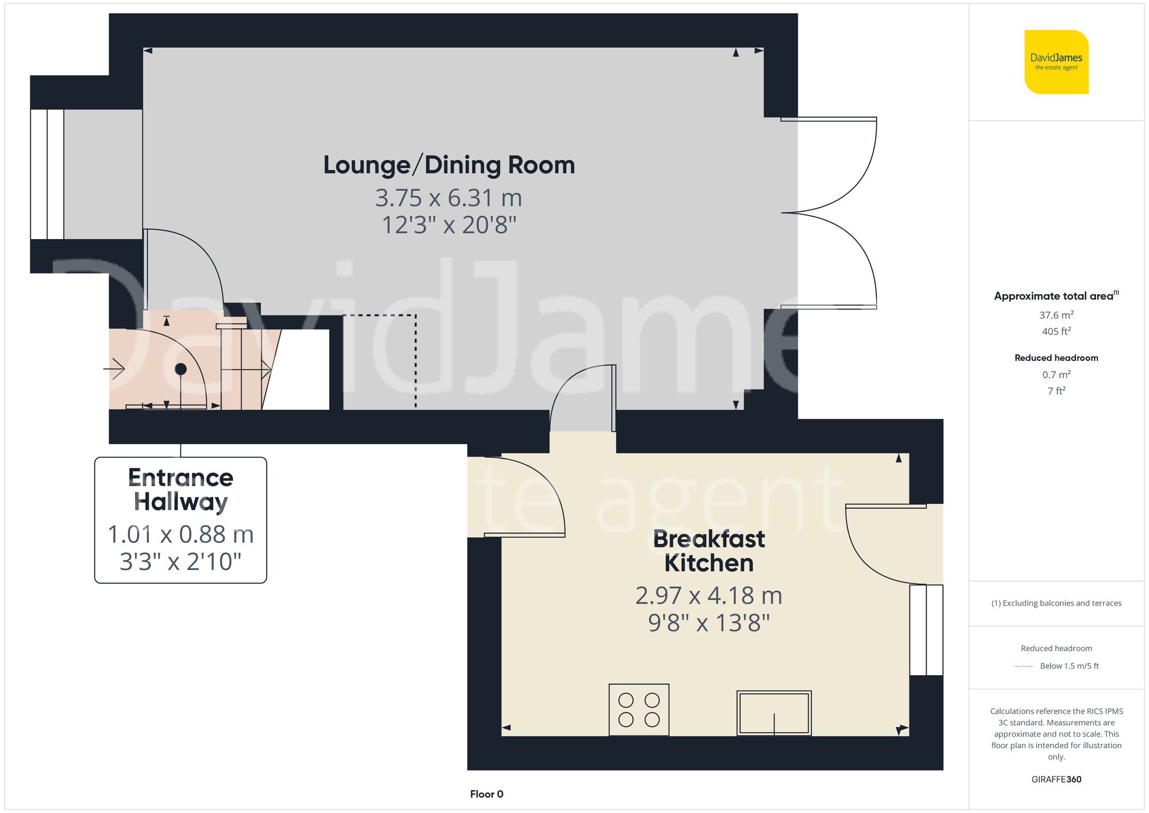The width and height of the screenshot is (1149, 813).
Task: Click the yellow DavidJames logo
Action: click(1056, 62)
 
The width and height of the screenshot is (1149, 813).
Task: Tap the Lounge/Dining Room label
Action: click(449, 165)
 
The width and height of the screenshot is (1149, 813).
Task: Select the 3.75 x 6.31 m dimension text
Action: click(449, 198)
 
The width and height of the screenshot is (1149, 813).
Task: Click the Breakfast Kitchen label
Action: click(708, 551)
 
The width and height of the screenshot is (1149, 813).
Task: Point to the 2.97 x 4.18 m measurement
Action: click(708, 595)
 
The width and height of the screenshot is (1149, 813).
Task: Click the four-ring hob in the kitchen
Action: click(639, 710)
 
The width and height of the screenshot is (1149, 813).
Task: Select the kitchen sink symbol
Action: click(774, 712)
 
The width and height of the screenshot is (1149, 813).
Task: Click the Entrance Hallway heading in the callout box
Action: click(180, 490)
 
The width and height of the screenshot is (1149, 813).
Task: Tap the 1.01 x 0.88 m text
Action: click(180, 534)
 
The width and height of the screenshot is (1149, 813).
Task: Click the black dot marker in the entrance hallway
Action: click(181, 369)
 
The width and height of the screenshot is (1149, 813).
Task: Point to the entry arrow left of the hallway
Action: click(115, 368)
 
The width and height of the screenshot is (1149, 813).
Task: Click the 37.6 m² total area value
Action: click(1056, 315)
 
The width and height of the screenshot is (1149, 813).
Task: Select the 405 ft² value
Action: click(1056, 332)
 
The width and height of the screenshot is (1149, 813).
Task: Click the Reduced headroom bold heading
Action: click(1056, 358)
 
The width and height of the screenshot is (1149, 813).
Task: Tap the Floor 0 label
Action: click(486, 794)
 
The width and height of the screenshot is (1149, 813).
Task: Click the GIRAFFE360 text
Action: click(1056, 779)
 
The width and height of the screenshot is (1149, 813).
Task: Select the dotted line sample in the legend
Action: click(1024, 666)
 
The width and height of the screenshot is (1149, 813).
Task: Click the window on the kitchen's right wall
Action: click(926, 630)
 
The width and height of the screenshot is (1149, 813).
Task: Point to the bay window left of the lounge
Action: click(47, 174)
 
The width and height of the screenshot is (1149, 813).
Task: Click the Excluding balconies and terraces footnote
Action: click(1056, 603)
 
